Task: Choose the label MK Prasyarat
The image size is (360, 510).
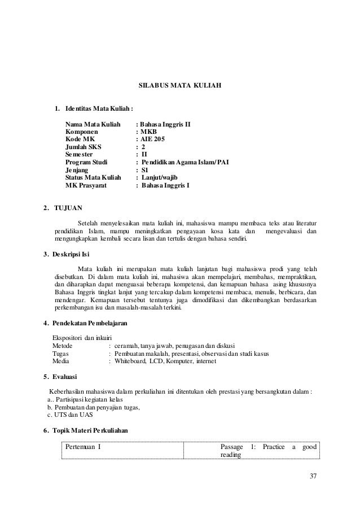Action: (88, 184)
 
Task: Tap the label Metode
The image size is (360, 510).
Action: (63, 346)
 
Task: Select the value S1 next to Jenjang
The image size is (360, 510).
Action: (145, 168)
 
